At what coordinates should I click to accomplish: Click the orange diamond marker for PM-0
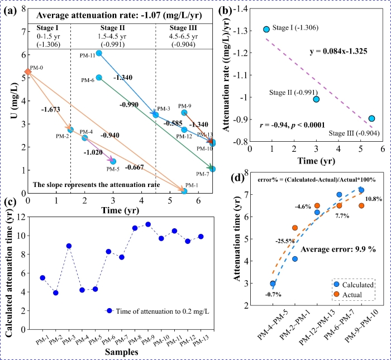point(28,72)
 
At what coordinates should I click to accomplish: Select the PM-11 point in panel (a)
point(99,53)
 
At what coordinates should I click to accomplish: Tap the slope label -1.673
point(50,110)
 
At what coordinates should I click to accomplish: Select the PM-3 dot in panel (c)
point(69,246)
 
